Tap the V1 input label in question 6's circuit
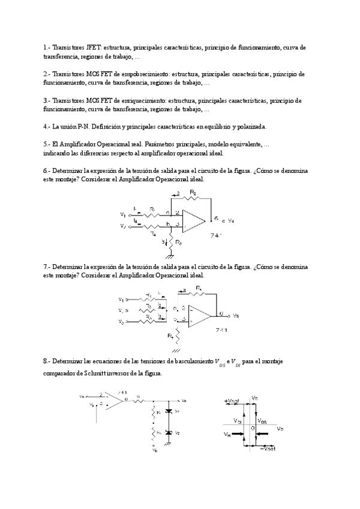click(123, 213)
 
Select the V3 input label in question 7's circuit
click(122, 322)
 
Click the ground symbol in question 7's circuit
click(176, 349)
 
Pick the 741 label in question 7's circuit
click(221, 330)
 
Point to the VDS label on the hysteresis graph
click(263, 421)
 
